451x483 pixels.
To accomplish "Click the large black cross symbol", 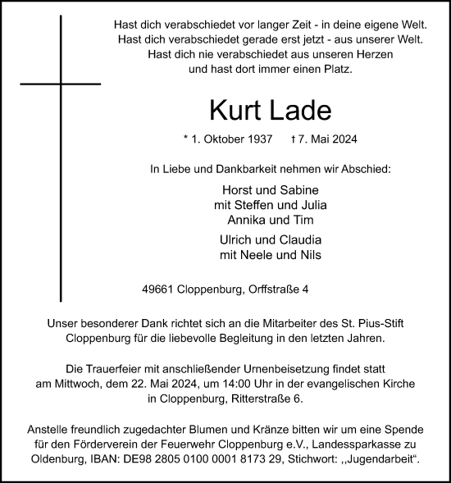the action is click(61, 84).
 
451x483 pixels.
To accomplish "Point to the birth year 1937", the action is click(267, 139).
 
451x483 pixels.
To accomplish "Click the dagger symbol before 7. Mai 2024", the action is click(317, 139).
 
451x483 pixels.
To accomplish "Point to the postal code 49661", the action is click(158, 289).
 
